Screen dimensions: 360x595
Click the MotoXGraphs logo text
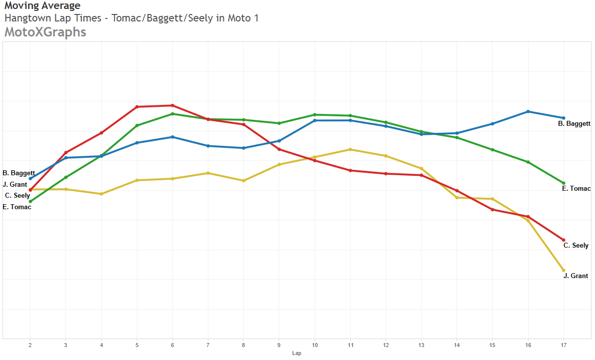(x=45, y=32)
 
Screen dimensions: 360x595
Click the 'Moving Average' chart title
(x=42, y=6)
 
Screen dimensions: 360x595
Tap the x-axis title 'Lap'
(x=297, y=353)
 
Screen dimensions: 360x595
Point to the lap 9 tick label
(x=279, y=345)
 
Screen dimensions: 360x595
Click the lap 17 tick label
(x=564, y=345)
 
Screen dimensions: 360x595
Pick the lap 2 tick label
(x=30, y=345)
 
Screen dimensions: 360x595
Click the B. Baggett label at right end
(x=574, y=123)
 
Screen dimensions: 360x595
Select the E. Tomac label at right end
(x=576, y=189)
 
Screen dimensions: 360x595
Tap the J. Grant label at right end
(x=576, y=276)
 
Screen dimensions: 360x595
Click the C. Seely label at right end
(x=576, y=246)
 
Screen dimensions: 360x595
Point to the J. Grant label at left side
(x=15, y=185)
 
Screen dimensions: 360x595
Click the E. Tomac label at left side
(x=17, y=207)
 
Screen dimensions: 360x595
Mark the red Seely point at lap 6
(x=172, y=105)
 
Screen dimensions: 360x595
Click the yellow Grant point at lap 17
(x=564, y=270)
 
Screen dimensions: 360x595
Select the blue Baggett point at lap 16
(x=528, y=111)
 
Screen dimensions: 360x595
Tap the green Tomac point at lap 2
(x=30, y=201)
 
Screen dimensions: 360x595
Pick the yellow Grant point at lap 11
(x=350, y=149)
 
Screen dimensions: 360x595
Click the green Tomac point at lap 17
(x=564, y=183)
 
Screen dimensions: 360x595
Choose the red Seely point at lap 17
(x=564, y=240)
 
